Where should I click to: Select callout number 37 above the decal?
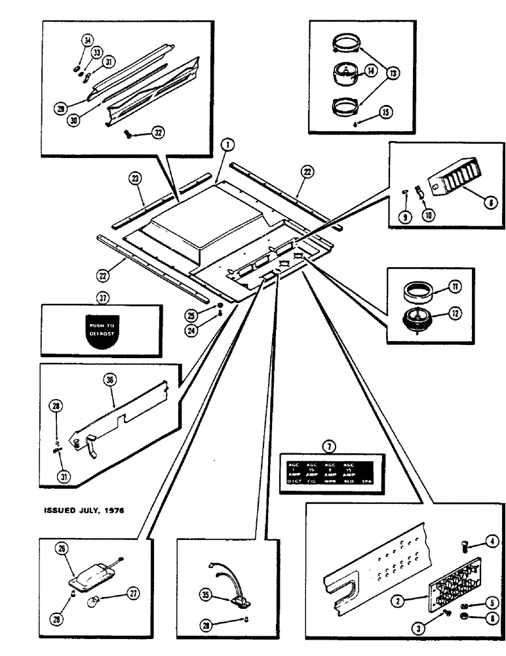[x=102, y=298]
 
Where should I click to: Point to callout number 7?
[x=330, y=447]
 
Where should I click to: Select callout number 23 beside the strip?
[x=134, y=178]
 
